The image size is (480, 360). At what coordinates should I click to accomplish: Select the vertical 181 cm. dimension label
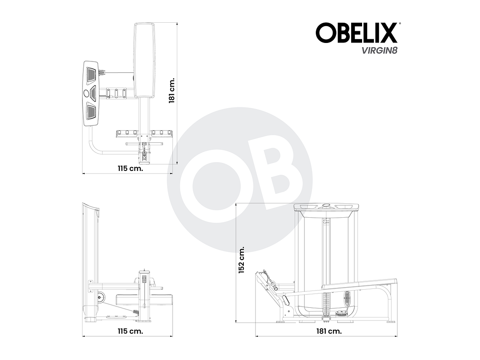coord(172,92)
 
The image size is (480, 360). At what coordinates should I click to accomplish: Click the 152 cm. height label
coord(242,260)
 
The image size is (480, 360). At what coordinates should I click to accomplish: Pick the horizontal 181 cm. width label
coord(328,331)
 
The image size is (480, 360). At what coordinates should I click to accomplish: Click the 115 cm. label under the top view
coord(130,168)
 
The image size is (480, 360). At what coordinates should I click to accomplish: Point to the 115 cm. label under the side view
coord(130,331)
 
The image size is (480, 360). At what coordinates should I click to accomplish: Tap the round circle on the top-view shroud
coord(87,93)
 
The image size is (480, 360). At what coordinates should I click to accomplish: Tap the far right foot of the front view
coord(391,322)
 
